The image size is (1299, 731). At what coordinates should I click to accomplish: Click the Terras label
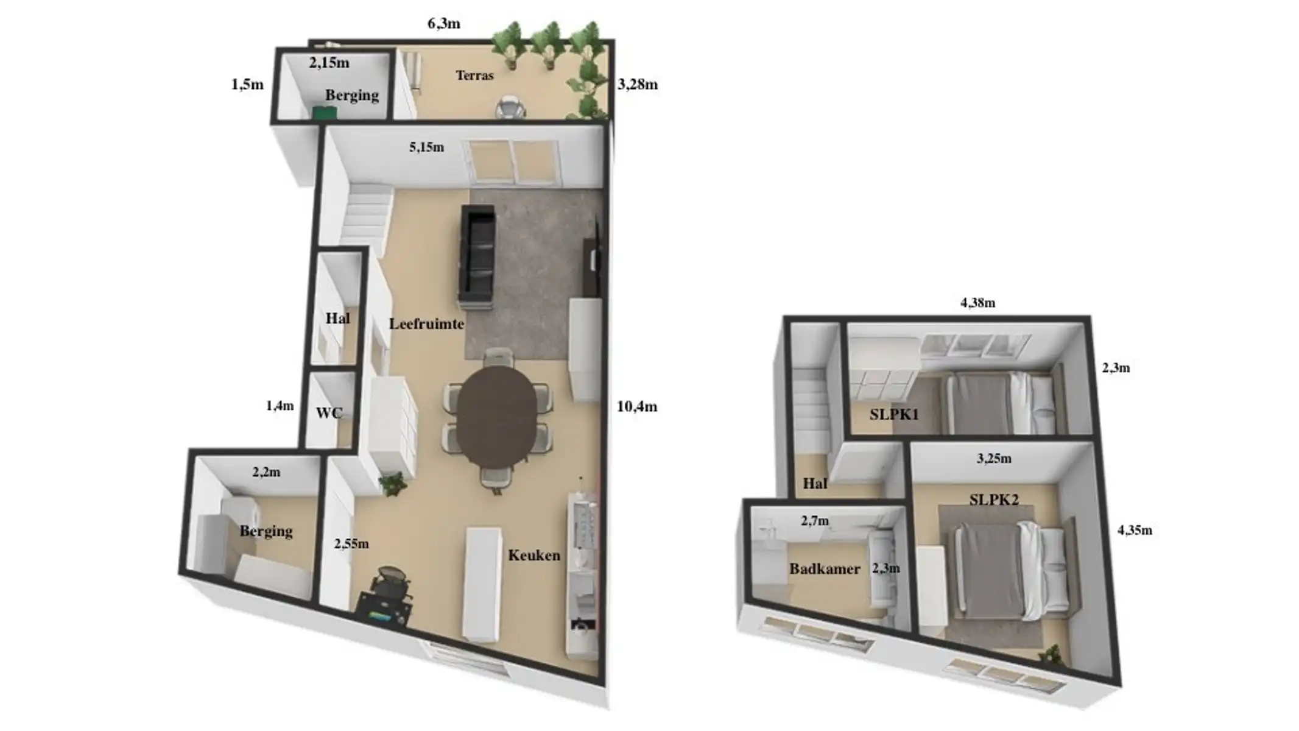[474, 76]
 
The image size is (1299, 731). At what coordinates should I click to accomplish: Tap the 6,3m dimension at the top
[443, 24]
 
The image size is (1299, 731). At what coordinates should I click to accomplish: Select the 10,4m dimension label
[636, 406]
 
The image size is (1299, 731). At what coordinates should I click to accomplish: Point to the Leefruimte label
[426, 323]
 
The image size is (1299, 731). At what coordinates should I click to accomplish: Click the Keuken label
[534, 555]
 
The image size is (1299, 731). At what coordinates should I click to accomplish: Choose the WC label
[329, 413]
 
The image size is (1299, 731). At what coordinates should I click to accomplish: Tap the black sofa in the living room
[477, 256]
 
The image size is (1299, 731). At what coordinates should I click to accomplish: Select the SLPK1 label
[894, 415]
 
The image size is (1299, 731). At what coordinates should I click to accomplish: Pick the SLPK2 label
[994, 500]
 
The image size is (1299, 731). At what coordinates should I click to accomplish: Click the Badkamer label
[825, 569]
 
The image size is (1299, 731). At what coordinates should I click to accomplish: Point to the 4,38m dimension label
[977, 303]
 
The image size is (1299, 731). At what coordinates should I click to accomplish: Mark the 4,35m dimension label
[1135, 531]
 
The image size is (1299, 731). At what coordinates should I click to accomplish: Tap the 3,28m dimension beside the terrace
[638, 85]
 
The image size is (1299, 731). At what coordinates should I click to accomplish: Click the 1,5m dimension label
[247, 85]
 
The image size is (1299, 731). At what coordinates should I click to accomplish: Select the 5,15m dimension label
[426, 147]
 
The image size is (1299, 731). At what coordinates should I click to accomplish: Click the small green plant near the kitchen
[392, 484]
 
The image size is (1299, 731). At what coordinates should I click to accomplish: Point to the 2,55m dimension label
[351, 544]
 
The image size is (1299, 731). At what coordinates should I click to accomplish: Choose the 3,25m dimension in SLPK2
[994, 459]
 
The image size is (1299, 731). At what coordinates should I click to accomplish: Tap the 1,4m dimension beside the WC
[280, 406]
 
